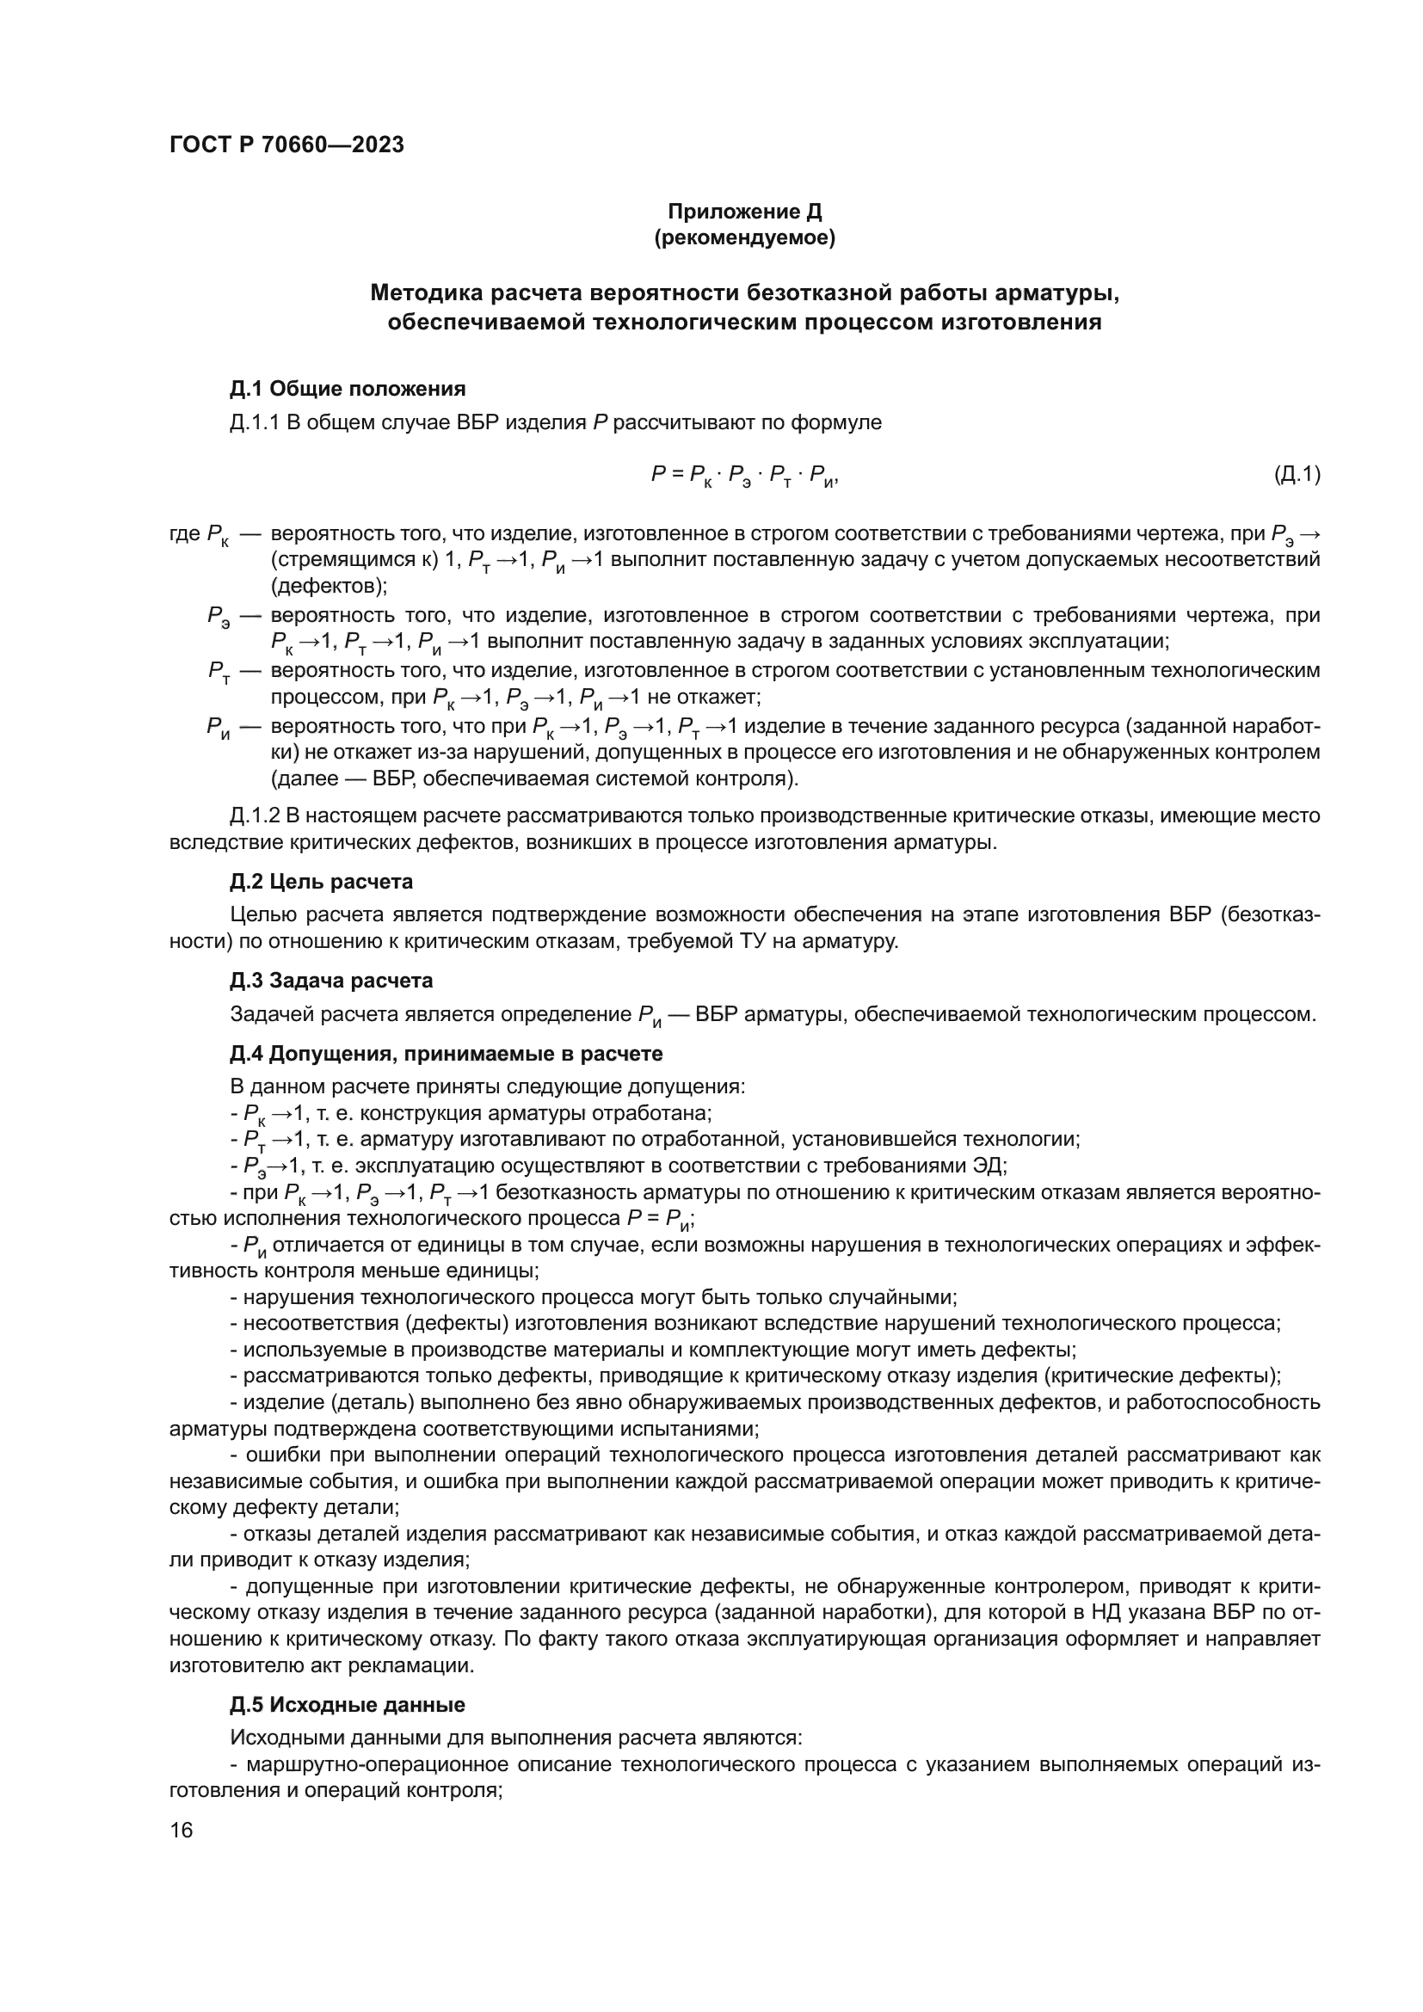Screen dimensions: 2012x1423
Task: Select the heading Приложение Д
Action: (744, 212)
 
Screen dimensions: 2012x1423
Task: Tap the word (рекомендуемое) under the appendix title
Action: (744, 237)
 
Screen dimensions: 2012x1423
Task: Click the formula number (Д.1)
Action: (1296, 474)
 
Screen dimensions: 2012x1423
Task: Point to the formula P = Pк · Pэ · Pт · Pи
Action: (744, 476)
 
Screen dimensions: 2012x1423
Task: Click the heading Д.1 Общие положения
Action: (348, 388)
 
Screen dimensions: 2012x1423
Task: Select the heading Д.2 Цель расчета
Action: (322, 881)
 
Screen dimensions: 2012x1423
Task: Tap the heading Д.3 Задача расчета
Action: (331, 980)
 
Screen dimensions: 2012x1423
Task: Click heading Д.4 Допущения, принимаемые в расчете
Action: (446, 1052)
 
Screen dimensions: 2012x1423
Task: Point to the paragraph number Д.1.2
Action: (255, 815)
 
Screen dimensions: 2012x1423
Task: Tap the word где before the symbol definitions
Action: (185, 532)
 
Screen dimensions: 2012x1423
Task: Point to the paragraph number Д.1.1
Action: (255, 422)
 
